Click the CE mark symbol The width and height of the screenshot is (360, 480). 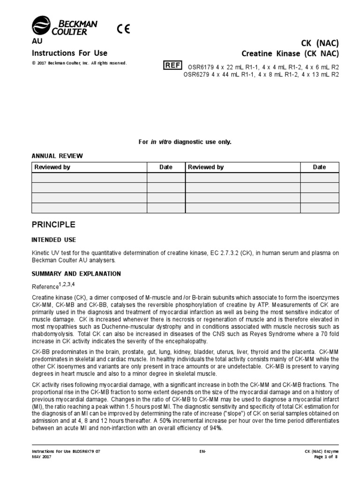coord(123,28)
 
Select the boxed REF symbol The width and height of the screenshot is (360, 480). coord(172,66)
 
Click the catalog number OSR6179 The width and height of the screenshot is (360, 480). coord(200,67)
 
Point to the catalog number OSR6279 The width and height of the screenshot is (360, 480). coord(197,74)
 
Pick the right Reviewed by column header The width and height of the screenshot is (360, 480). coord(206,167)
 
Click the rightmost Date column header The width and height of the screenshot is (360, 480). coord(319,167)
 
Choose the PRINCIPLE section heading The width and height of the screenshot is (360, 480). coord(53,225)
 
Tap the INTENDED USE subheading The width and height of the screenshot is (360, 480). coord(53,240)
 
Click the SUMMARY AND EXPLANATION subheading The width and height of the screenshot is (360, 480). coord(76,274)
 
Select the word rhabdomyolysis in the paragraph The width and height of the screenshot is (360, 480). coord(50,334)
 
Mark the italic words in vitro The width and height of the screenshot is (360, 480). coord(161,142)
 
